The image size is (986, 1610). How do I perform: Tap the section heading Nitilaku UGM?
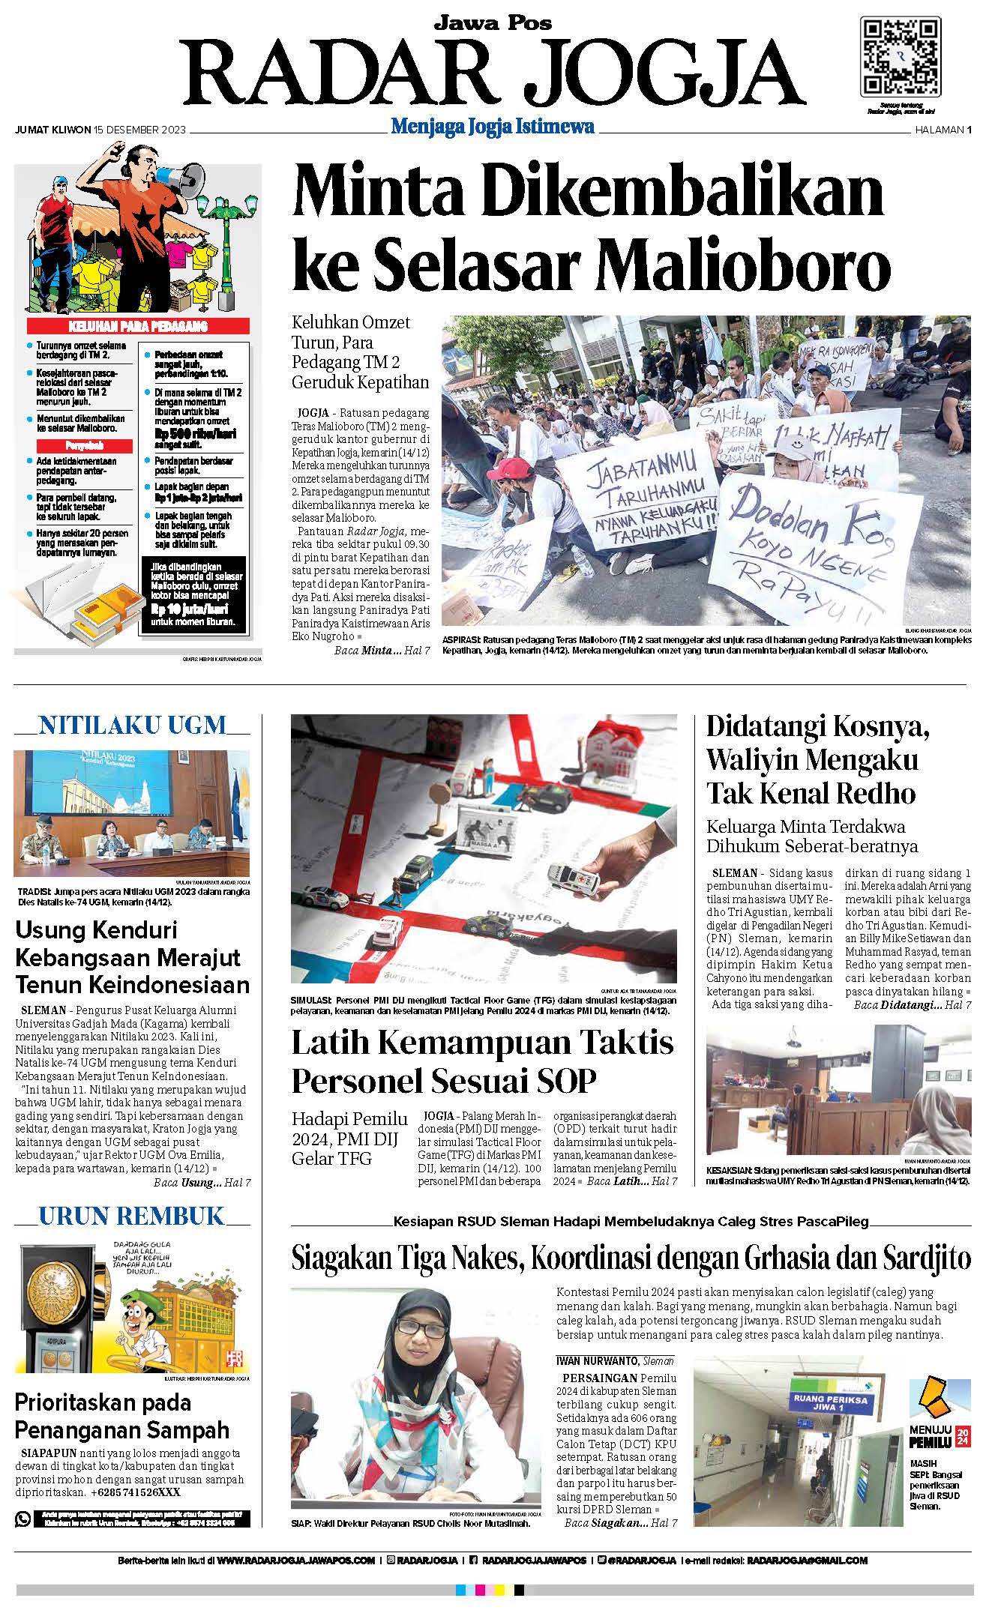click(x=132, y=726)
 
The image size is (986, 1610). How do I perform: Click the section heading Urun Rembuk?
click(x=131, y=1215)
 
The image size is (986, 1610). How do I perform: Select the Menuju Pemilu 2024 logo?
click(x=940, y=1411)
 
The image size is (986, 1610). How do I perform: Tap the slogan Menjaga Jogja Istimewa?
click(x=493, y=127)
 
